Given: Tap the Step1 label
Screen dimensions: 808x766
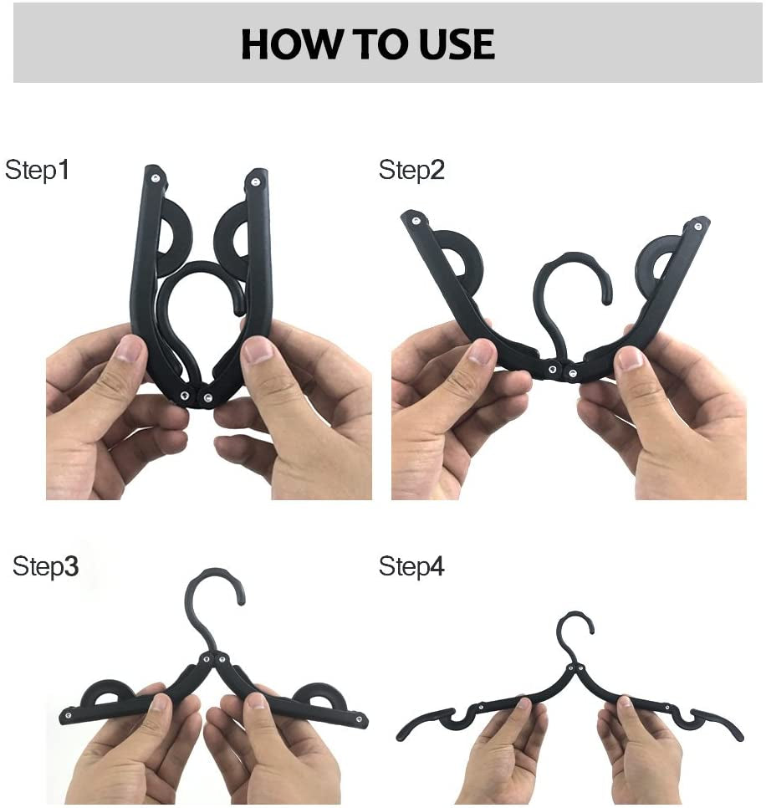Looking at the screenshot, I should pos(38,170).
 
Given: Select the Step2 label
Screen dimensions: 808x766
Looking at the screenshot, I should pos(411,170).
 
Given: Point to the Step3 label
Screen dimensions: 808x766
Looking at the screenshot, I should pos(45,566).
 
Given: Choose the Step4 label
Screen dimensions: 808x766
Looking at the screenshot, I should pos(411,566).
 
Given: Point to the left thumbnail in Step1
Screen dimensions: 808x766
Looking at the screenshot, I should pos(130,350).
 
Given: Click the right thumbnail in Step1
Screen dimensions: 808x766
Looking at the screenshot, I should pos(257,351).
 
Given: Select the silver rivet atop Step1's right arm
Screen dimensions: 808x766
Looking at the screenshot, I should pos(253,178).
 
